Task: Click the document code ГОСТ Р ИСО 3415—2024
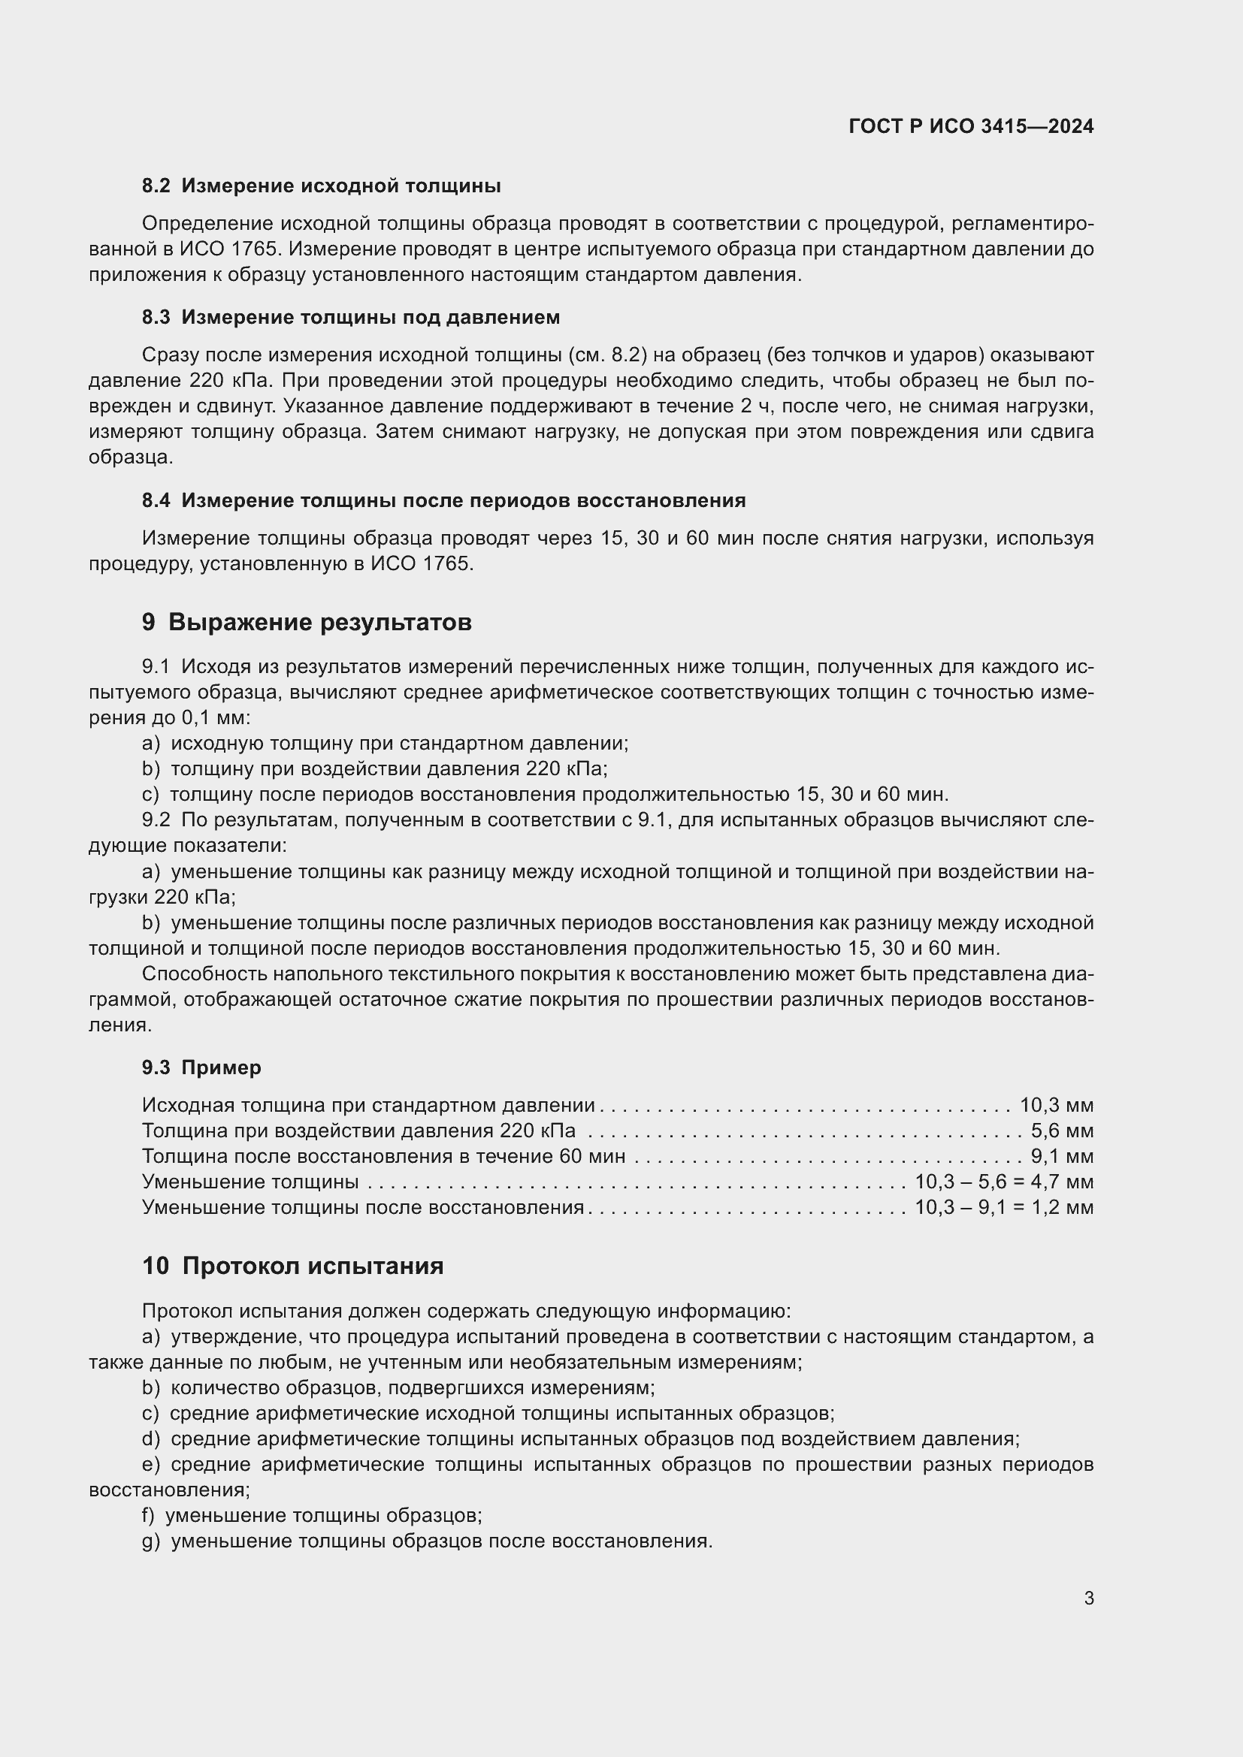(970, 127)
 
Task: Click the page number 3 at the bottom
(1088, 1598)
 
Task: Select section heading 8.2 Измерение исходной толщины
(322, 186)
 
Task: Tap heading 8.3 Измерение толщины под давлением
(350, 317)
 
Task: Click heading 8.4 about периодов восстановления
(443, 500)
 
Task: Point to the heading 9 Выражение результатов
(306, 622)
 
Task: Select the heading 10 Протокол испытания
(292, 1266)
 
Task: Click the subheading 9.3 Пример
(201, 1067)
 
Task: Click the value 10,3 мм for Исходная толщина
(1056, 1105)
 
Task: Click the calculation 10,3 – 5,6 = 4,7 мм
(1004, 1182)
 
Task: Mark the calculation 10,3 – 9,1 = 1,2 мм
(1004, 1207)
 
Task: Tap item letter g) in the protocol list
(151, 1541)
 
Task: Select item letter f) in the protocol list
(150, 1515)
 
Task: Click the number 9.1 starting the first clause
(156, 667)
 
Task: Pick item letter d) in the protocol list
(151, 1439)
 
